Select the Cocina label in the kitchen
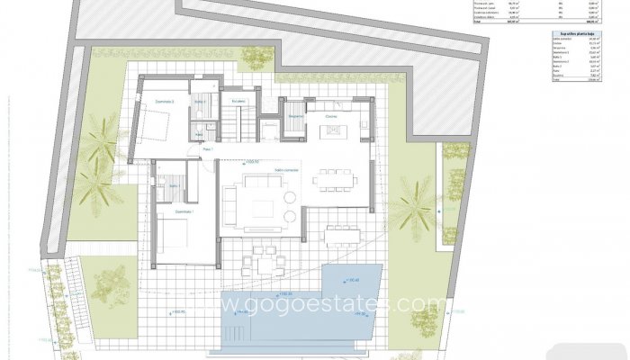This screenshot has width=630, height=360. pyautogui.click(x=330, y=116)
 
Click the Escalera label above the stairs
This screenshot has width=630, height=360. pyautogui.click(x=238, y=101)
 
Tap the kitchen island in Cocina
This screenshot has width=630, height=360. pyautogui.click(x=333, y=131)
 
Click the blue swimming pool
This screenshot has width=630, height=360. pyautogui.click(x=297, y=310)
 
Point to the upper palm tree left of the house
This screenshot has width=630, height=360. pyautogui.click(x=103, y=144)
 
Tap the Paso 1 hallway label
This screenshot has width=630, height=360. pyautogui.click(x=207, y=148)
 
